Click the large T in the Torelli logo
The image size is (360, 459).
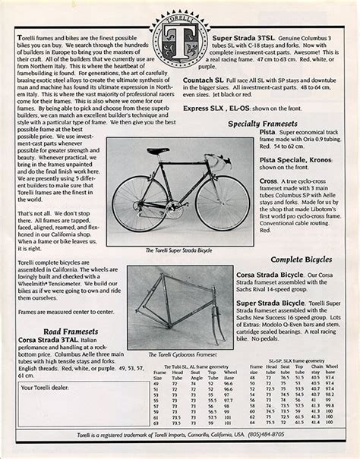pyautogui.click(x=180, y=40)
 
